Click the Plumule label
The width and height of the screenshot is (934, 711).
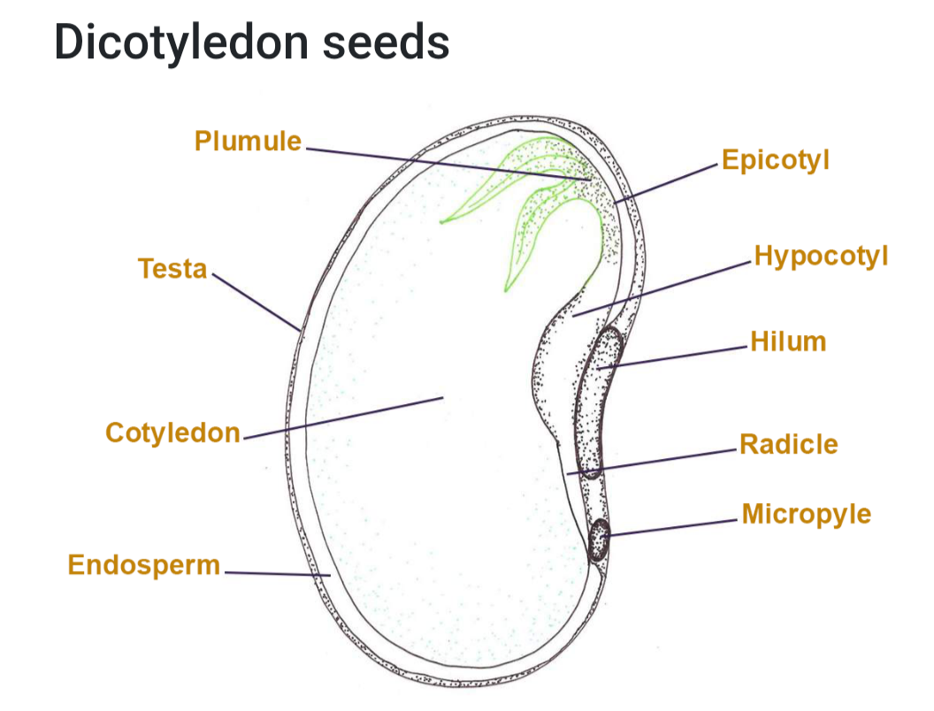point(248,141)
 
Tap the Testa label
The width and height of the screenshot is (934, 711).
point(172,269)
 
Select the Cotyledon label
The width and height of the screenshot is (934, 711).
point(172,433)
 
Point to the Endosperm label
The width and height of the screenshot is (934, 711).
point(144,565)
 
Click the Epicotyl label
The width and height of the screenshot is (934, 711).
point(776,160)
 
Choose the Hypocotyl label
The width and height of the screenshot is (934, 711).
point(821,256)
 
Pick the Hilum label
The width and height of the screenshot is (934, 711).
point(788,342)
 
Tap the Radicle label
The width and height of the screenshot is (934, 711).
point(789,444)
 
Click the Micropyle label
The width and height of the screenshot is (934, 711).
point(807,514)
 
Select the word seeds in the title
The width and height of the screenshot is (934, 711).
point(386,42)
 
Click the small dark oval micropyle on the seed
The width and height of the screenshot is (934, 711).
point(600,539)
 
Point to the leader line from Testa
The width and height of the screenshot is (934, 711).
point(256,302)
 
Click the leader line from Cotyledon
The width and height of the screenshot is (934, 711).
point(344,418)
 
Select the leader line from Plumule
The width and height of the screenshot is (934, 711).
point(448,164)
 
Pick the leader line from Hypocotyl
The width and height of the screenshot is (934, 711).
point(662,289)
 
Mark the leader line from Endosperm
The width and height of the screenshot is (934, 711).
point(278,574)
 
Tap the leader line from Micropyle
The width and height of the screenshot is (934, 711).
point(670,528)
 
